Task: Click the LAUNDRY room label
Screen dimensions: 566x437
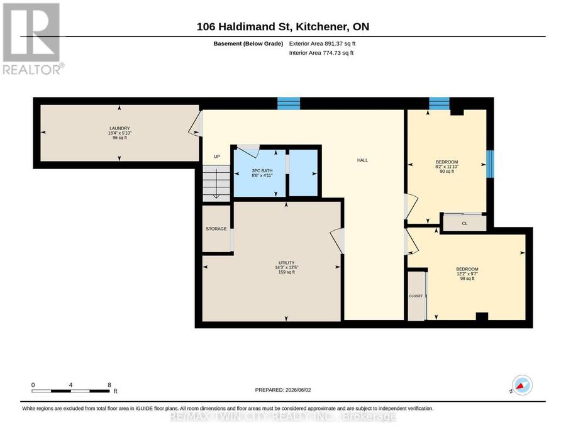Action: [119, 128]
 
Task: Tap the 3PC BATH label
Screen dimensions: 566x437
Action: [262, 170]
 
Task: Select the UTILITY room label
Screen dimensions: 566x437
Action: [287, 263]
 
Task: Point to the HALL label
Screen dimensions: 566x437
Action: [362, 160]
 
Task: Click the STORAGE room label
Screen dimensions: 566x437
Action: [216, 229]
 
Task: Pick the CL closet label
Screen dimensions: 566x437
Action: [465, 224]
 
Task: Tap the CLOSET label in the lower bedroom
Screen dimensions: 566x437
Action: [416, 296]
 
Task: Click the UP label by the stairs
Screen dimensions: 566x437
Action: [217, 157]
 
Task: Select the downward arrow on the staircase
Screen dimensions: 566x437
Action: [216, 184]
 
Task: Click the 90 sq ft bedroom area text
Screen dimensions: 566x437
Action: [447, 172]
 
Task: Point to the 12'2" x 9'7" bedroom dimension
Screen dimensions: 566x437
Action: [467, 274]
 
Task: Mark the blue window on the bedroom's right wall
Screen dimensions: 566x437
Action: [490, 164]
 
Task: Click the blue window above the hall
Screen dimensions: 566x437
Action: [289, 104]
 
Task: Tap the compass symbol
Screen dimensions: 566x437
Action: [522, 385]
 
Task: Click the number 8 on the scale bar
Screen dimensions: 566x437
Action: [109, 385]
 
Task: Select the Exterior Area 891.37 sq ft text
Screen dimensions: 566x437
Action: [322, 43]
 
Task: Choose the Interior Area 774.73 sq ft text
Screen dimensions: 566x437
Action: [321, 53]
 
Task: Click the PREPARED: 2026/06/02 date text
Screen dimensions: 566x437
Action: [283, 390]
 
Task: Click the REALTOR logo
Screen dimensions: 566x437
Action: [33, 39]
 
